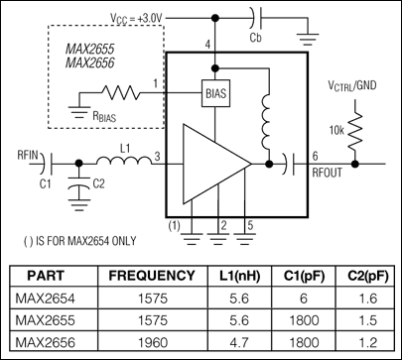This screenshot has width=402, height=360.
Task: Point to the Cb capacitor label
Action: point(255,38)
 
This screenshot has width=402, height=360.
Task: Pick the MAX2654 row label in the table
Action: point(50,296)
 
